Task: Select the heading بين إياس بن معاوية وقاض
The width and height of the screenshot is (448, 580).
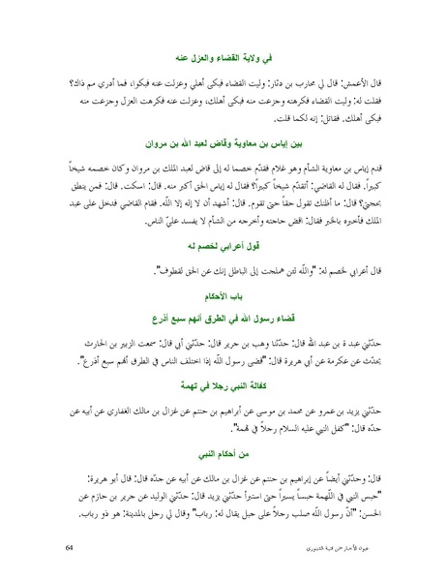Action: pos(224,144)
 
